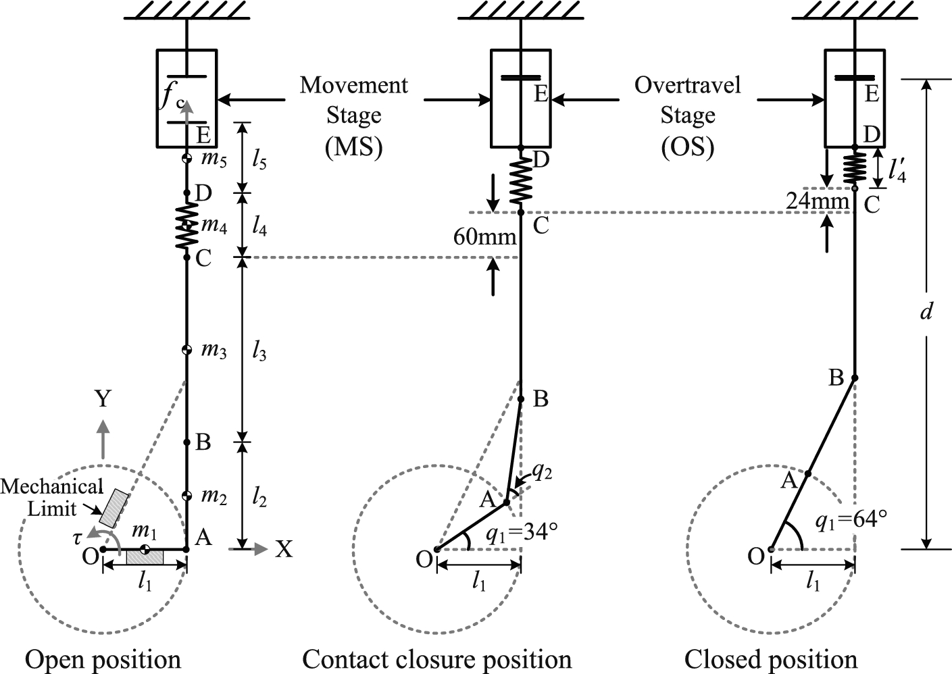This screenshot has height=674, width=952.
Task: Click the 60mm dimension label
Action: tap(485, 237)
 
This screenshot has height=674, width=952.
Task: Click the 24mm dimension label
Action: tap(817, 201)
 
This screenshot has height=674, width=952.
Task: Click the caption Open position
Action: tap(103, 658)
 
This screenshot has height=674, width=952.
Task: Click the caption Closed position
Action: tap(770, 658)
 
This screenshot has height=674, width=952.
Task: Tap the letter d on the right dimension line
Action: tap(927, 311)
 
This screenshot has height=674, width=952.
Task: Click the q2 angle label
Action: tap(541, 472)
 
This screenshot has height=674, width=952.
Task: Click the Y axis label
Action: tap(102, 399)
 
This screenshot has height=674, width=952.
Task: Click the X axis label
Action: tap(284, 550)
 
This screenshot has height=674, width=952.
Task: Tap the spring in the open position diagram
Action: tap(187, 225)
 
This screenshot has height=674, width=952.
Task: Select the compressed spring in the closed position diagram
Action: tap(855, 167)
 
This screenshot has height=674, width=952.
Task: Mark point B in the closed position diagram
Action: tap(855, 378)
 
